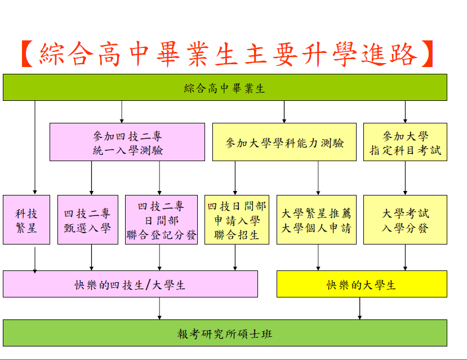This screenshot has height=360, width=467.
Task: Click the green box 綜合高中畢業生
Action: click(225, 87)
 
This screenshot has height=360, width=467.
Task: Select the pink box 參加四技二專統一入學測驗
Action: click(127, 142)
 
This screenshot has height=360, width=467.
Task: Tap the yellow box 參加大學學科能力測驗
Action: click(284, 142)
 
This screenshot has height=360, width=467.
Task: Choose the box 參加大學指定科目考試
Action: click(405, 142)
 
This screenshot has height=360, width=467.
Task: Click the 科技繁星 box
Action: click(26, 220)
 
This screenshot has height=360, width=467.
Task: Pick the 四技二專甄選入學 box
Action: click(88, 220)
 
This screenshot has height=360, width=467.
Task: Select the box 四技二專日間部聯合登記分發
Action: click(161, 220)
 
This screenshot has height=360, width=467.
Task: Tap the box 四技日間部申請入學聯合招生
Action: click(237, 220)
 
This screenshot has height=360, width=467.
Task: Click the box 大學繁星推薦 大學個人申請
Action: click(317, 220)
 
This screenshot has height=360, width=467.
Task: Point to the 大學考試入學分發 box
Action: click(405, 220)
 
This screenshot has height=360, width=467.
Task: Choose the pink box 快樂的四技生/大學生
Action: click(131, 284)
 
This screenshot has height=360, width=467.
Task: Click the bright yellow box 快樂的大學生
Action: click(362, 284)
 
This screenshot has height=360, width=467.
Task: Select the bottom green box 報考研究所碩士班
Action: click(225, 333)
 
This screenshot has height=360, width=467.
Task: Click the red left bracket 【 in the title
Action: click(28, 54)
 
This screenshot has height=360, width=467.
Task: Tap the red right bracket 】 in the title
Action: click(427, 54)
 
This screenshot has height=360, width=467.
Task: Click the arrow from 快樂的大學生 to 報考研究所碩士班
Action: click(360, 309)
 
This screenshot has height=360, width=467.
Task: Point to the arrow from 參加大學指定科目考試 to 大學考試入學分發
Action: click(405, 178)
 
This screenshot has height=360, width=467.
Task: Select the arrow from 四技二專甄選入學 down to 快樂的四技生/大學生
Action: click(91, 257)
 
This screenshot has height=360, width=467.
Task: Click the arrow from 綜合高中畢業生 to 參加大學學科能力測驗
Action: click(284, 112)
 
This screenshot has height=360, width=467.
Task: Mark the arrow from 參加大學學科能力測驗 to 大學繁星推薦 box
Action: click(318, 178)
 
